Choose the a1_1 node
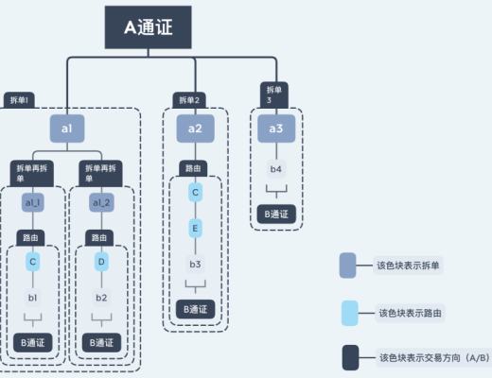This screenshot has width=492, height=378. (33, 202)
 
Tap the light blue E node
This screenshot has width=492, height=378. (195, 228)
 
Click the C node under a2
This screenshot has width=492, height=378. (195, 193)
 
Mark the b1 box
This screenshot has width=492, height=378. (33, 298)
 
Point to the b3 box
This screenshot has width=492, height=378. (195, 264)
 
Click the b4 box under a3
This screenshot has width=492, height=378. (275, 169)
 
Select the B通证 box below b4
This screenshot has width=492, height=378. (275, 215)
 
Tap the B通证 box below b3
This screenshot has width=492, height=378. (195, 308)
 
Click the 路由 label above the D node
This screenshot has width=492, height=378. (97, 236)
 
